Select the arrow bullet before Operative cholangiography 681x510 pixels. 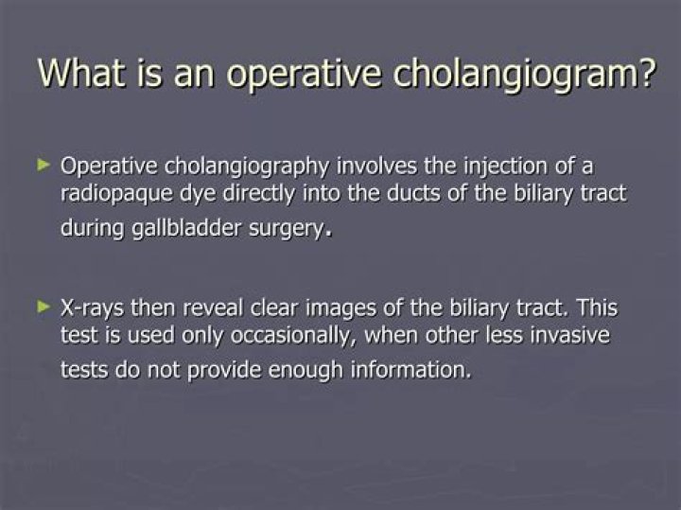coord(42,165)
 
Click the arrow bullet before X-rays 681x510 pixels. coord(42,306)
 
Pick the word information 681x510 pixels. coord(410,369)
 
